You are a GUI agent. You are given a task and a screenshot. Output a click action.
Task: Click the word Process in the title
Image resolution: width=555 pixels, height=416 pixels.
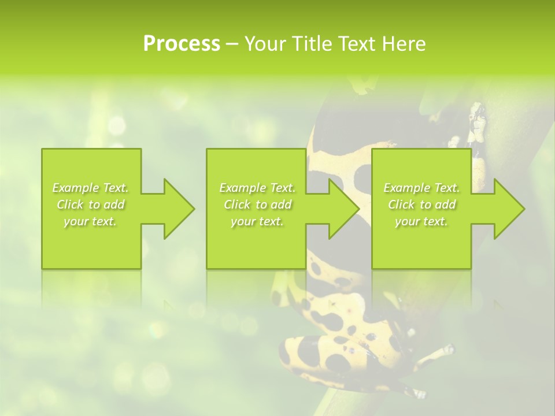[182, 44]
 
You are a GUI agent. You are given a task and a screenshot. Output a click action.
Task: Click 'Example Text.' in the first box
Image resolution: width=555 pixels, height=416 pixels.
[90, 188]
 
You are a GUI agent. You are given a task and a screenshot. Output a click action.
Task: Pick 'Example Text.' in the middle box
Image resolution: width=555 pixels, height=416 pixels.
[257, 188]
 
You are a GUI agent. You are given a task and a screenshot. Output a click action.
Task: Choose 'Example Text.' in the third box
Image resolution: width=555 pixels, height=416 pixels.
[421, 188]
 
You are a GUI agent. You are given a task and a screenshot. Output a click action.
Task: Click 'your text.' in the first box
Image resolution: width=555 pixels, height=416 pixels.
[90, 221]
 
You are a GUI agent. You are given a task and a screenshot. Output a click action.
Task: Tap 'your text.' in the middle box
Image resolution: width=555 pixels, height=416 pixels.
[257, 221]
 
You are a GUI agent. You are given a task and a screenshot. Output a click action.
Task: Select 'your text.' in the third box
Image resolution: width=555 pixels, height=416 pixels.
[421, 221]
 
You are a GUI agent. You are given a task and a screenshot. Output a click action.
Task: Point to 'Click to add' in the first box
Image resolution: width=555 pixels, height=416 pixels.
[90, 205]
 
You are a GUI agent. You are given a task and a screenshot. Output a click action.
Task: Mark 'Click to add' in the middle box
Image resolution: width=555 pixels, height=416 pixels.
[257, 205]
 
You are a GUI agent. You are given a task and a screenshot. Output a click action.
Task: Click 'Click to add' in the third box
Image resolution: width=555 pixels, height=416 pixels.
[421, 205]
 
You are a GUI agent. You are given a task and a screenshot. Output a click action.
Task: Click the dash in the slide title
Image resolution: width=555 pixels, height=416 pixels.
[232, 44]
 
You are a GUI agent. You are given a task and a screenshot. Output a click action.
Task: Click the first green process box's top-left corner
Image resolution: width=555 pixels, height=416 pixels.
[43, 150]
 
